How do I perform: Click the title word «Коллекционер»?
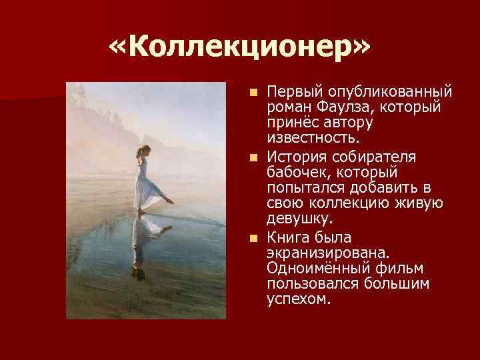coord(240,48)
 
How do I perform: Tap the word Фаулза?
coord(331,107)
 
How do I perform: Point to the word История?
coord(294,157)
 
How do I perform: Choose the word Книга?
coord(285,239)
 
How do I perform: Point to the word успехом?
coord(298,300)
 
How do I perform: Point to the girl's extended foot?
coord(171,201)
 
